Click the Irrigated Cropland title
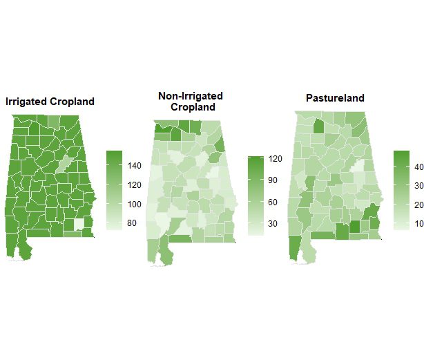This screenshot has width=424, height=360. [x=50, y=102]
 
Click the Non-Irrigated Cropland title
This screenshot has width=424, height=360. [x=191, y=102]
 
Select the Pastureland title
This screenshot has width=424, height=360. [x=335, y=98]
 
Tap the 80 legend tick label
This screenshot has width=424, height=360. [x=131, y=223]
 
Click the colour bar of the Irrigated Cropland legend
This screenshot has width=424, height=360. [x=115, y=190]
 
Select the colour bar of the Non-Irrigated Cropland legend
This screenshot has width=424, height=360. [x=256, y=195]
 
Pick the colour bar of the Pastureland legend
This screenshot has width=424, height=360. [x=401, y=190]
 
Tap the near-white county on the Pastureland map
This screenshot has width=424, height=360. [x=357, y=169]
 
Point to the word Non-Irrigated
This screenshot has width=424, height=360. [x=191, y=96]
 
